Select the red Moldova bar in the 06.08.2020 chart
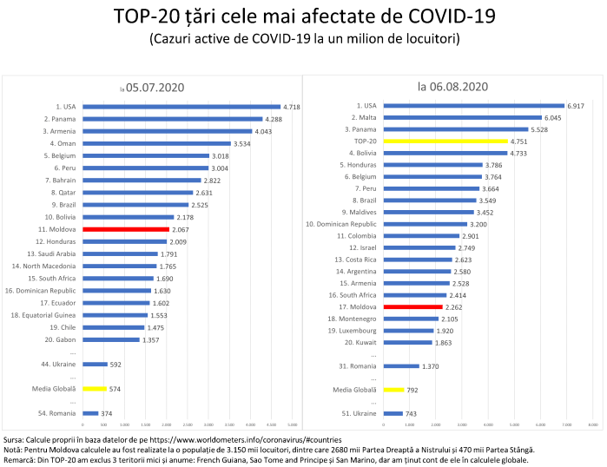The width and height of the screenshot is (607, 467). tap(413, 306)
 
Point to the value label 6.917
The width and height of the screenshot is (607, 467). tap(577, 105)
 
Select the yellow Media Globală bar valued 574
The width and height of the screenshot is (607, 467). tap(95, 389)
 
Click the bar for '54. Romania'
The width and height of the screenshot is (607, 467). tap(90, 413)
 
